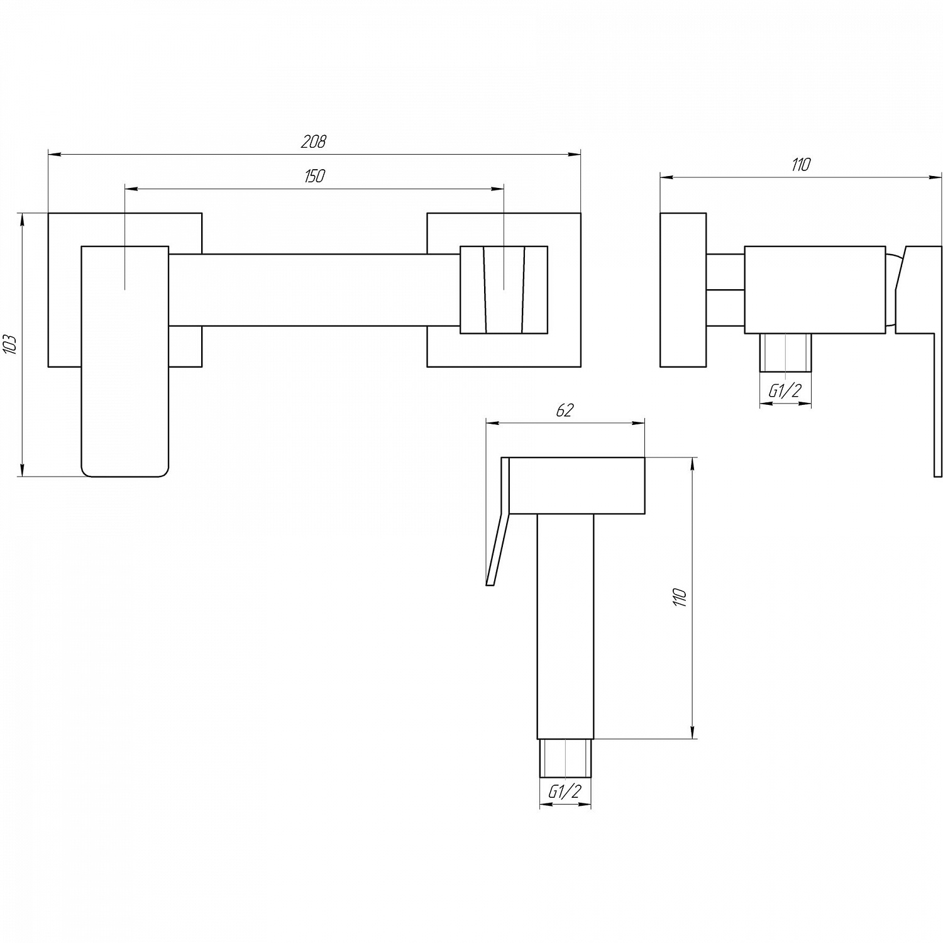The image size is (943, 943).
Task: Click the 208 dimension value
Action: tap(313, 141)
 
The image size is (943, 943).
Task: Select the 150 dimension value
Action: tap(314, 176)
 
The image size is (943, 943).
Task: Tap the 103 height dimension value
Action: tap(11, 345)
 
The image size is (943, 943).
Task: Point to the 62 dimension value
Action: tap(565, 411)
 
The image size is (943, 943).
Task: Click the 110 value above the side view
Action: tap(800, 165)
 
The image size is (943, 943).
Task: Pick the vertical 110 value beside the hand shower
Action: tap(680, 598)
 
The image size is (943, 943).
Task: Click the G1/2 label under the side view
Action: tap(785, 391)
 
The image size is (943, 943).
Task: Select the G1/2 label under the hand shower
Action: tap(565, 792)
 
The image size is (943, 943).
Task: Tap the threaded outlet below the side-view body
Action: tap(785, 353)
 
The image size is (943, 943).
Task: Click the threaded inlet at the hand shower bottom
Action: tap(565, 758)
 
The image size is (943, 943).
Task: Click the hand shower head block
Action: tap(576, 485)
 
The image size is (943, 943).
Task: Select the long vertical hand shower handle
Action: tap(565, 626)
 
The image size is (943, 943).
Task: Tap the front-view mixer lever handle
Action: tap(125, 361)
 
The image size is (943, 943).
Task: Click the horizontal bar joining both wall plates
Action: tap(314, 290)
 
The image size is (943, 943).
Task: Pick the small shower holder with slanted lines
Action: tap(504, 290)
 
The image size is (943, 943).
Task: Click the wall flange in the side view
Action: tap(683, 290)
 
